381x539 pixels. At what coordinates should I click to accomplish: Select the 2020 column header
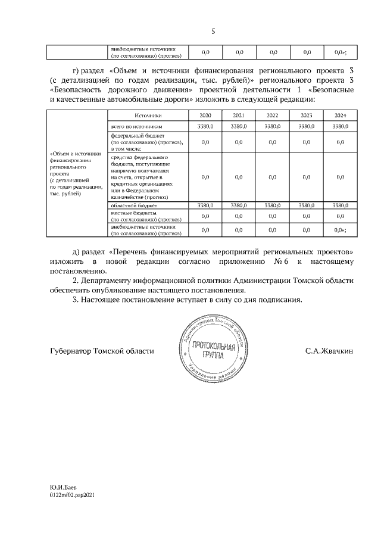(204, 115)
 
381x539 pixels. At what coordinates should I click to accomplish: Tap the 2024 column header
(340, 115)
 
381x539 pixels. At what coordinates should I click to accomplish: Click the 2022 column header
(272, 115)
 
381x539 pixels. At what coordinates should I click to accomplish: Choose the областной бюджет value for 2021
(238, 205)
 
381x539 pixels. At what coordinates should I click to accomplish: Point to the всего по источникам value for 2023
(306, 126)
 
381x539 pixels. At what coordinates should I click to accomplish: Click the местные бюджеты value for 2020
(204, 216)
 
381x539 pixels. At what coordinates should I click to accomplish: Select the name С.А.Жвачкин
(329, 351)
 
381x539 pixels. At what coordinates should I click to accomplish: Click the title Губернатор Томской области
(102, 351)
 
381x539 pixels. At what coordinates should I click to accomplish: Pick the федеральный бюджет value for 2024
(340, 142)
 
